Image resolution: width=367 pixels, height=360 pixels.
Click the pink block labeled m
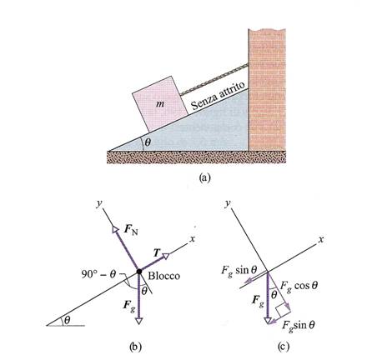(x=160, y=104)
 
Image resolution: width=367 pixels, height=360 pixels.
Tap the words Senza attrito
(x=219, y=96)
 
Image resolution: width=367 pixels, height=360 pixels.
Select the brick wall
(x=267, y=89)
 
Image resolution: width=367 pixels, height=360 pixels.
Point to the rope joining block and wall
(x=214, y=79)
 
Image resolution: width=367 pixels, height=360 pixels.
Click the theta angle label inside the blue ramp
(x=148, y=142)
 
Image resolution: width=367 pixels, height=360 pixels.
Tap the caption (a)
(x=205, y=177)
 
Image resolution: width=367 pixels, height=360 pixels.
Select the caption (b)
(x=136, y=347)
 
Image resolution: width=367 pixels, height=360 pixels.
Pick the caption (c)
(x=284, y=347)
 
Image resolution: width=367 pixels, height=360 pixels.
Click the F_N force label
(x=131, y=231)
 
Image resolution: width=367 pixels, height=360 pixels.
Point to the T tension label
(x=157, y=252)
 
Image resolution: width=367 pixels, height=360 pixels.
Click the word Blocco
(x=163, y=276)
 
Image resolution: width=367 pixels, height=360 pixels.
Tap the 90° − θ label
(x=98, y=274)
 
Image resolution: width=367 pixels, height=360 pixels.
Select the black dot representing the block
(x=139, y=271)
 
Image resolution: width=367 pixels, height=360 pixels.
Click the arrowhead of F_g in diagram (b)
(x=138, y=321)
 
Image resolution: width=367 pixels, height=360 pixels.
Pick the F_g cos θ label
(x=299, y=286)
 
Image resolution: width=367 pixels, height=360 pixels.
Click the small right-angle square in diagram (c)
(x=281, y=311)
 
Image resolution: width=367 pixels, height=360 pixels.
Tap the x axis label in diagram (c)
(x=321, y=239)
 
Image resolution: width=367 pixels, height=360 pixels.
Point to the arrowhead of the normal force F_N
(x=115, y=230)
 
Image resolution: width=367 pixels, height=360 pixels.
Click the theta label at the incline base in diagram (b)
(x=67, y=320)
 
